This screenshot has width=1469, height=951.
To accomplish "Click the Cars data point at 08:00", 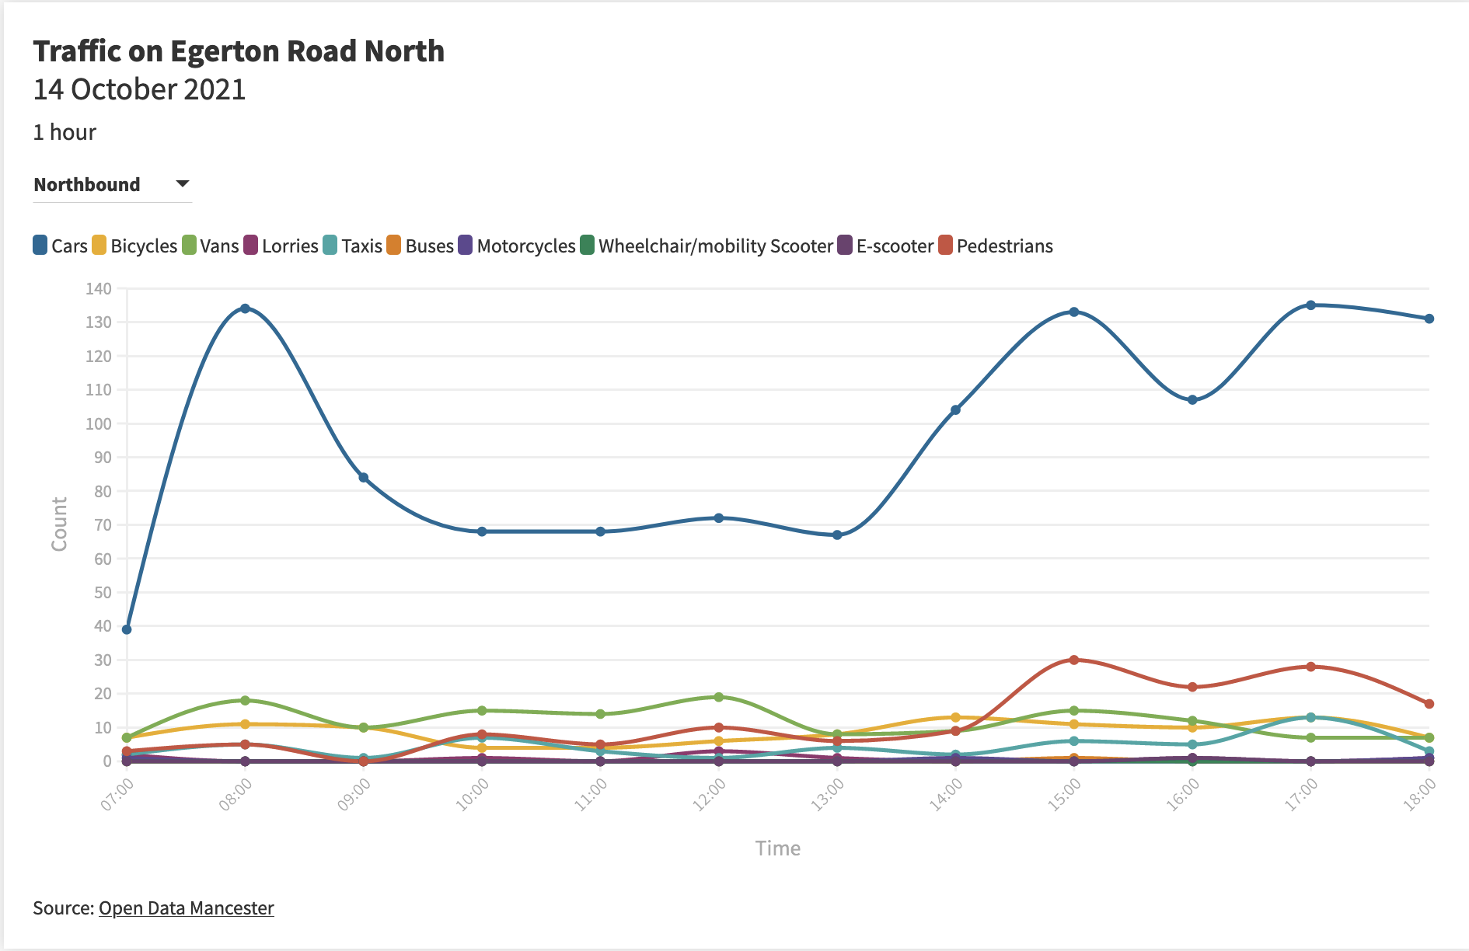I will [245, 308].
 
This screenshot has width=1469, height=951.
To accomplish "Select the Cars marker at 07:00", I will [127, 629].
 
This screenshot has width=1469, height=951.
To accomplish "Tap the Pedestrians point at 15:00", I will [1074, 660].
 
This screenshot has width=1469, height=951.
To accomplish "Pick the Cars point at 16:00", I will [1192, 399].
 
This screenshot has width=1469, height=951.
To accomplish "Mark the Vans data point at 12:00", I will [719, 697].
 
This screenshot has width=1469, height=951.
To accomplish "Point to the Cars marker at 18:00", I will [1429, 319].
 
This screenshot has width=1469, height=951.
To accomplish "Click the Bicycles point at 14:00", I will [955, 717].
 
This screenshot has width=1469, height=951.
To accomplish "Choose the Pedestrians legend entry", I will [1004, 246].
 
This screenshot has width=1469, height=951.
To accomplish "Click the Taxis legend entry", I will [361, 246].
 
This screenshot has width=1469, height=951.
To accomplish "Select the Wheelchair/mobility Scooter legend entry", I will [715, 246].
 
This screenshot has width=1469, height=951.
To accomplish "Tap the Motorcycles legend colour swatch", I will [466, 246].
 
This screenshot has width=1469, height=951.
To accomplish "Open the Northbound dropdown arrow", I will [183, 184].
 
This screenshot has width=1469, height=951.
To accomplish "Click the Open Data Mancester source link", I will [187, 908].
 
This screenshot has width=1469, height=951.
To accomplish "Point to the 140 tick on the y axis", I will [99, 288].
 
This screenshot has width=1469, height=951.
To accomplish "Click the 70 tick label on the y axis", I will [103, 525].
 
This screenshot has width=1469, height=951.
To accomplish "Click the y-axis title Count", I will [60, 524].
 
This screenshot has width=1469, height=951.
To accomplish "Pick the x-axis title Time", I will [777, 848].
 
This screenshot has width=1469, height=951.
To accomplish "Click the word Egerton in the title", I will [225, 51].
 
